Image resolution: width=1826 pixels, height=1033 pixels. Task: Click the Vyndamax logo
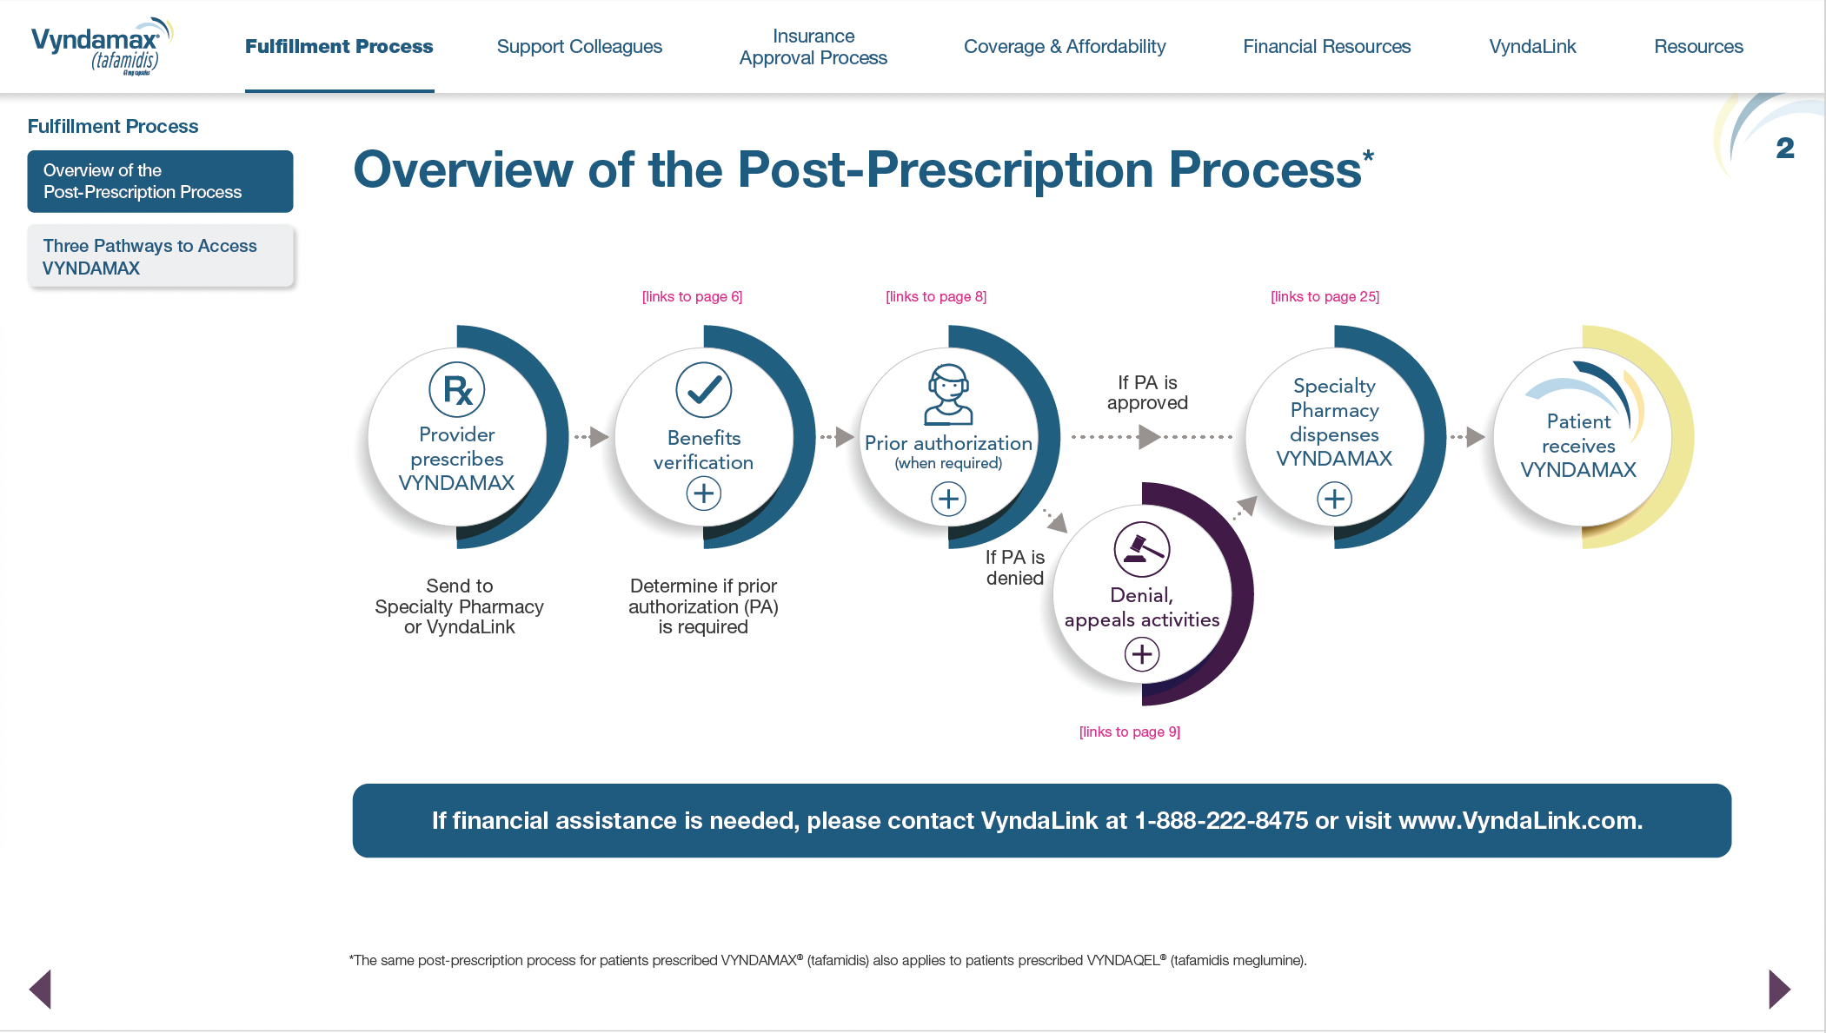coord(101,46)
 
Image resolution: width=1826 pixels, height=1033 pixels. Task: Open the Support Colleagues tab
coord(579,47)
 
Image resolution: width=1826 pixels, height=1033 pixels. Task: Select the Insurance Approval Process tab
coord(813,47)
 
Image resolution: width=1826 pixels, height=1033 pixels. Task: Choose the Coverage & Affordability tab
coord(1064,47)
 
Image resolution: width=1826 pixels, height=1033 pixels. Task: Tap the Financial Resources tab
coord(1326,47)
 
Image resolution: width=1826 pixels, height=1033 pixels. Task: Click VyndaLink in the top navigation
coord(1532,47)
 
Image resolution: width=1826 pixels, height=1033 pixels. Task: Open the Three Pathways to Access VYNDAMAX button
coord(160,256)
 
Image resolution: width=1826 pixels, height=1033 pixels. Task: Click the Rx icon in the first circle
coord(457,390)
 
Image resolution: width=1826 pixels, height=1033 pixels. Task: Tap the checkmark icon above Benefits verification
coord(703,390)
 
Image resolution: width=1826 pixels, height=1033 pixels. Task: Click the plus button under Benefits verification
coord(703,494)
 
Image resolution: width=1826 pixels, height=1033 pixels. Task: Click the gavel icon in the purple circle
coord(1141,549)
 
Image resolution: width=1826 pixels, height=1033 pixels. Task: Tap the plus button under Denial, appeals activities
coord(1142,654)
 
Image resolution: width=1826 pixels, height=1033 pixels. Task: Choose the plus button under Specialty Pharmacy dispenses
coord(1334,499)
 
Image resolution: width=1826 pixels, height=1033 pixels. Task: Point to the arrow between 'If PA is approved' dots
coord(1149,436)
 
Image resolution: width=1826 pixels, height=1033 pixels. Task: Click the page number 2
coord(1785,149)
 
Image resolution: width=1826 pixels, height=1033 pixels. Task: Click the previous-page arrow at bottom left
coord(41,989)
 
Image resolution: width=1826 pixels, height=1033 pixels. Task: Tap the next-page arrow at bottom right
coord(1779,989)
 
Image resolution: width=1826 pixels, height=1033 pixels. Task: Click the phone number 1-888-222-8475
coord(1221,821)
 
